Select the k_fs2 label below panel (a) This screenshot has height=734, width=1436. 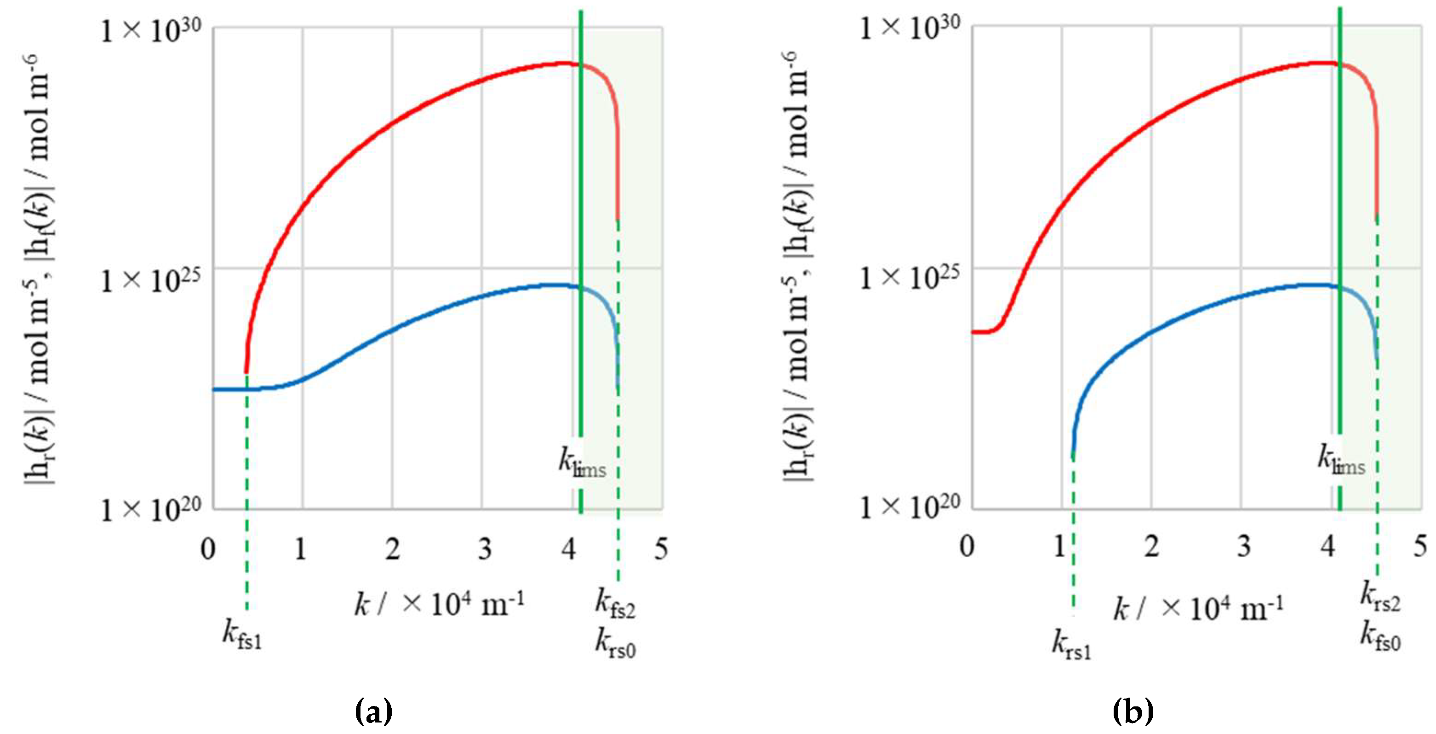click(x=615, y=605)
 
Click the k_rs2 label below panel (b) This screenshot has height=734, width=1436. click(x=1380, y=598)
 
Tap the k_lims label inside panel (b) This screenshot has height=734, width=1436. click(x=1341, y=461)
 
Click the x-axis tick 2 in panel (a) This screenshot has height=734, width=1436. click(x=392, y=550)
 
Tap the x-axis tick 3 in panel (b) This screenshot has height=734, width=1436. click(x=1243, y=547)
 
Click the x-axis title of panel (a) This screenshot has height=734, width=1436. click(x=439, y=605)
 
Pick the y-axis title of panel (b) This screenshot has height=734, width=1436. click(x=798, y=268)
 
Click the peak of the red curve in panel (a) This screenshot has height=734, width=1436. click(x=563, y=63)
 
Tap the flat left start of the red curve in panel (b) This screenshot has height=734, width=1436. click(x=982, y=332)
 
